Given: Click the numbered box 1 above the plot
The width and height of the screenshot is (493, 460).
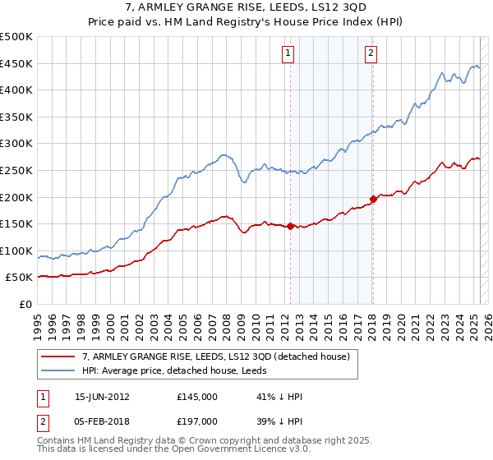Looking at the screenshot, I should click(x=289, y=54).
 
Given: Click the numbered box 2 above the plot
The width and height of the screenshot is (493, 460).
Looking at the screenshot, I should click(x=371, y=54).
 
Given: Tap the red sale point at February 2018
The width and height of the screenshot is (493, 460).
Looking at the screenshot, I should click(x=373, y=198).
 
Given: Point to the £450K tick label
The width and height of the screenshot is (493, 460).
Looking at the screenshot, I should click(x=16, y=63).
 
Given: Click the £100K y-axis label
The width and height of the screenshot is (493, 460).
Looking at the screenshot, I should click(x=16, y=251).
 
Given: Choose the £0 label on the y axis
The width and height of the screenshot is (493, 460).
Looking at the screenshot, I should click(x=25, y=304).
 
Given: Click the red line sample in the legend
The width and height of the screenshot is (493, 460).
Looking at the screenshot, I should click(x=58, y=356).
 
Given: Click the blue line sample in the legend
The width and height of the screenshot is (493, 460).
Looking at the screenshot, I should click(x=58, y=370).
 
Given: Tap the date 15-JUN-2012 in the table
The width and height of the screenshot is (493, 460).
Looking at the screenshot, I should click(x=102, y=397).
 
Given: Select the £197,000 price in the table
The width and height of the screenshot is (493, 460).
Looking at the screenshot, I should click(x=197, y=421).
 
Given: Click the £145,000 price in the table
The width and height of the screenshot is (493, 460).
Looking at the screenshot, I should click(x=197, y=397).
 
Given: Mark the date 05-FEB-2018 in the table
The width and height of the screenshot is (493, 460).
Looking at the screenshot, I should click(x=102, y=421).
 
